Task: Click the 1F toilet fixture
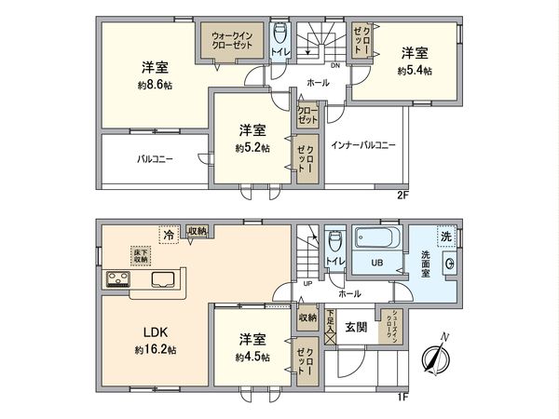point(333,240)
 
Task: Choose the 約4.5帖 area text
point(252,357)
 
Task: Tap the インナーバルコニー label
point(363,145)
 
